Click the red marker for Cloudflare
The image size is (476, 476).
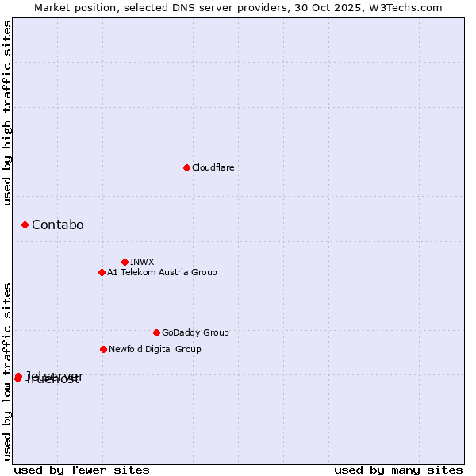tap(186, 167)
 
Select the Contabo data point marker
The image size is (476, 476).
tap(25, 225)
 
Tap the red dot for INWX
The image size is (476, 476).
tap(125, 262)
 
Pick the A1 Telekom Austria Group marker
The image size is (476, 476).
tap(102, 272)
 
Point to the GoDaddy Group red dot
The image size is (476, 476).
tap(156, 332)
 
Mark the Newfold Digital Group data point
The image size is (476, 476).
tap(103, 349)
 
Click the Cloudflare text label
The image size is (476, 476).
tap(213, 167)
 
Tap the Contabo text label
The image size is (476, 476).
tap(57, 225)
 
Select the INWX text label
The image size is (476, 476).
tap(142, 262)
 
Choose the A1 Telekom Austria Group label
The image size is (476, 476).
tap(162, 272)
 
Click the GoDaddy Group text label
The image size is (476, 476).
tap(195, 332)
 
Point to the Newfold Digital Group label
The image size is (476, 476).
tap(155, 349)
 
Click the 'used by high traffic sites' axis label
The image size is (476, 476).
tap(7, 113)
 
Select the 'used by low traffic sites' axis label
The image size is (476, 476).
tap(7, 371)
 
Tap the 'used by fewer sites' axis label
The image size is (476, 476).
tap(82, 470)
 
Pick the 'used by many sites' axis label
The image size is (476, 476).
tap(398, 470)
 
